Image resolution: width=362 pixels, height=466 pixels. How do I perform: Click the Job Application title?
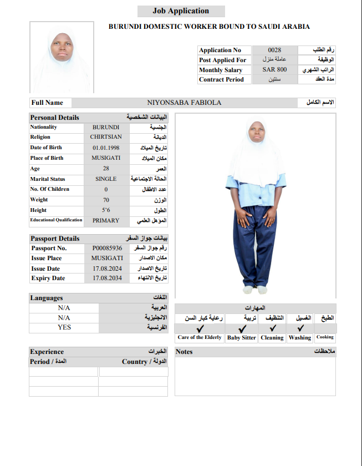(x=181, y=11)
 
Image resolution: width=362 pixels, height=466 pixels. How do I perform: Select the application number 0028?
(x=274, y=50)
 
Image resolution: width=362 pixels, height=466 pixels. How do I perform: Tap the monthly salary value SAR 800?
(x=274, y=70)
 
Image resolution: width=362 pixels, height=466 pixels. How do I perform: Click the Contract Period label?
(x=221, y=79)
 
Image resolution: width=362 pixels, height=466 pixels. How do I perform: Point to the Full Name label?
(x=47, y=103)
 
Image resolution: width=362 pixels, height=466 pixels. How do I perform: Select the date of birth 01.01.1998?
(x=105, y=148)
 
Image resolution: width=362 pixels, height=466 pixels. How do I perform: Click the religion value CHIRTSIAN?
(x=105, y=137)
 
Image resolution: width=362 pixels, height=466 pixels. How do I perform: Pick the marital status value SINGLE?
(x=105, y=179)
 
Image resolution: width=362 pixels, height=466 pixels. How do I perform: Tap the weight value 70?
(x=105, y=200)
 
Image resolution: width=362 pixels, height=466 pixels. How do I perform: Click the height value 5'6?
(x=105, y=210)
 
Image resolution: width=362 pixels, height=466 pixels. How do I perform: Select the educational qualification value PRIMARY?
(x=105, y=220)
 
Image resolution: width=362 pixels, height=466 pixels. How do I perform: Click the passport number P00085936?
(x=107, y=248)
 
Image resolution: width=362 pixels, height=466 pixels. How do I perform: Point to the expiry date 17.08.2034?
(x=107, y=278)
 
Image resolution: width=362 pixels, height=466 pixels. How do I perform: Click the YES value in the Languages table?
(x=64, y=327)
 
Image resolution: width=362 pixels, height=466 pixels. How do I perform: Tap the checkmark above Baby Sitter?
(x=242, y=328)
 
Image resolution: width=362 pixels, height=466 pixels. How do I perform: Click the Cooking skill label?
(x=325, y=337)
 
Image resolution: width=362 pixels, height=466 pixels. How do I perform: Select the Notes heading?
(x=184, y=352)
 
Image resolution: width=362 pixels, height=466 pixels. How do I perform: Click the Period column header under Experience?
(x=48, y=362)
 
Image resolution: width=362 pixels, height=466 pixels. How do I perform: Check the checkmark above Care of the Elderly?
(x=200, y=328)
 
